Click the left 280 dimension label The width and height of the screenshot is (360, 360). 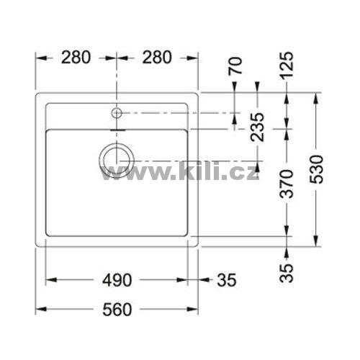pos(76,58)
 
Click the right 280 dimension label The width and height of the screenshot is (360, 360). pos(157,58)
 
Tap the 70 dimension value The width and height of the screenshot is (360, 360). pos(235,66)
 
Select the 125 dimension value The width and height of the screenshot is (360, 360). pos(287,64)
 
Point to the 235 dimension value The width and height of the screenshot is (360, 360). pos(257,127)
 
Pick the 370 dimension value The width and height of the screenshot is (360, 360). pos(287,184)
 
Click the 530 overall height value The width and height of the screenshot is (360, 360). pos(316,169)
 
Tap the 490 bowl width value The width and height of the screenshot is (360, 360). pos(117,280)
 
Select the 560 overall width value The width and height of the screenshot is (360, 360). pos(117,310)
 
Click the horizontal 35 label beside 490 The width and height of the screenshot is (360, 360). pos(227,280)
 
